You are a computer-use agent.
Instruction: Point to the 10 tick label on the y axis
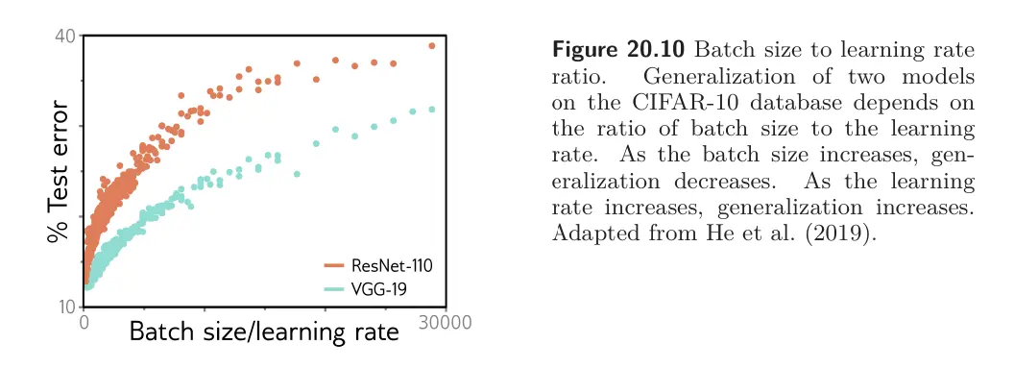pos(67,307)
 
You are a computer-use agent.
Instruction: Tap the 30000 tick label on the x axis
pos(445,322)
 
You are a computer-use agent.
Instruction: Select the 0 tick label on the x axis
pos(84,322)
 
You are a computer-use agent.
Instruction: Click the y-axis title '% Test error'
pos(59,171)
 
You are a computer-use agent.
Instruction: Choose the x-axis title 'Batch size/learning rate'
pos(264,332)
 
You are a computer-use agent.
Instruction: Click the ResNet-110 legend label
pos(391,265)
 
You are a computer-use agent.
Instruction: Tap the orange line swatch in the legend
pos(333,265)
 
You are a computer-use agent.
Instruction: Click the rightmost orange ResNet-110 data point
pos(432,46)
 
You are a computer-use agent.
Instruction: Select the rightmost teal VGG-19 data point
pos(432,110)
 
